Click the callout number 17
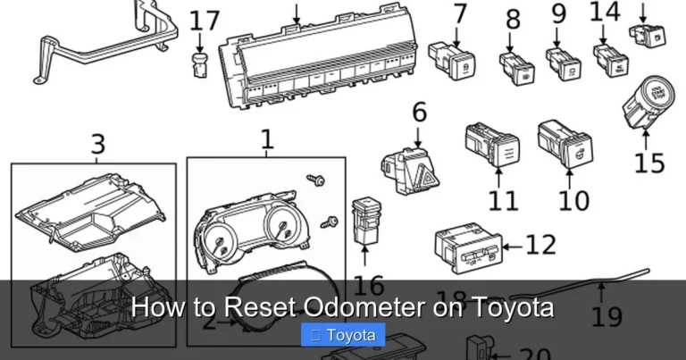click(x=205, y=20)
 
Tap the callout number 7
click(x=460, y=14)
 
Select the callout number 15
click(x=649, y=163)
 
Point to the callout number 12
click(x=541, y=244)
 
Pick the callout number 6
click(x=419, y=113)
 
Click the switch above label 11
click(x=491, y=147)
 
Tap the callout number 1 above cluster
click(x=266, y=140)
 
